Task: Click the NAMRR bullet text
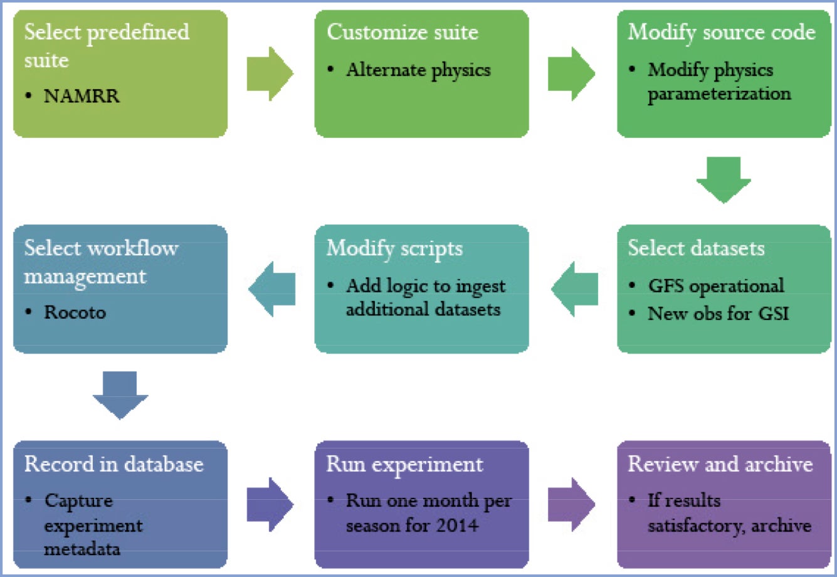[x=82, y=96]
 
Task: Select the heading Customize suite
[x=403, y=32]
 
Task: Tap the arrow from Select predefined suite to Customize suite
[x=270, y=73]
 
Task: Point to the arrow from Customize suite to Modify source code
[x=571, y=73]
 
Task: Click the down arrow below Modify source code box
[x=724, y=180]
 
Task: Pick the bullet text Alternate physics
[x=419, y=70]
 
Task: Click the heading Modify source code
[x=722, y=33]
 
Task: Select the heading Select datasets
[x=696, y=248]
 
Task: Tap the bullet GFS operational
[x=716, y=286]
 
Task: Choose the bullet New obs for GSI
[x=718, y=313]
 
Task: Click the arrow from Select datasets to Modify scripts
[x=574, y=289]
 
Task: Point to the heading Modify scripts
[x=394, y=249]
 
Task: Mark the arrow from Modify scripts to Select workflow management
[x=271, y=289]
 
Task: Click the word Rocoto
[x=75, y=312]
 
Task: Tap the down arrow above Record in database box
[x=120, y=395]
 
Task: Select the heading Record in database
[x=114, y=464]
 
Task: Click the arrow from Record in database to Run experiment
[x=270, y=504]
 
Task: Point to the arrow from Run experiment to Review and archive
[x=571, y=504]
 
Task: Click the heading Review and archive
[x=720, y=464]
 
